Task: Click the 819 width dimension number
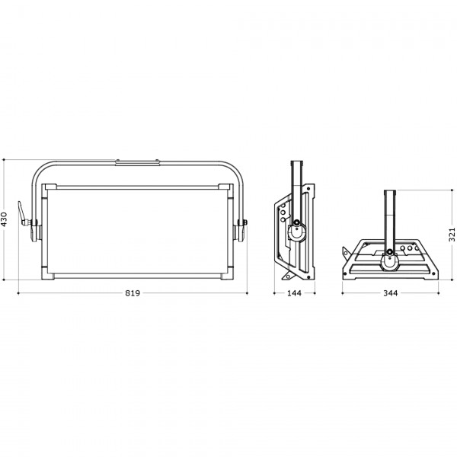133,293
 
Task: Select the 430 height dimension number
4,219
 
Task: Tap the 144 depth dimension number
294,293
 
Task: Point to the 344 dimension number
390,293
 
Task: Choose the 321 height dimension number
452,235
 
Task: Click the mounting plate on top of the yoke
137,162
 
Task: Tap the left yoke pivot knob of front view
34,230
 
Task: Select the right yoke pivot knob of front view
241,230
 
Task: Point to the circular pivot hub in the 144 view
296,233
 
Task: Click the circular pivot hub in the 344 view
390,261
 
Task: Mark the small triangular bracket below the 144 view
287,276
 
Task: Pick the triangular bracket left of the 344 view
346,254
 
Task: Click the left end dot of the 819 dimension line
18,293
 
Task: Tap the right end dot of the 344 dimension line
439,293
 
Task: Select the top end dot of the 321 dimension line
452,190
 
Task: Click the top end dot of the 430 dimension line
4,160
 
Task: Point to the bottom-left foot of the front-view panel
48,276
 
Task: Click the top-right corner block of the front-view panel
226,187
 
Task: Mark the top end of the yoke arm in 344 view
390,190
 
